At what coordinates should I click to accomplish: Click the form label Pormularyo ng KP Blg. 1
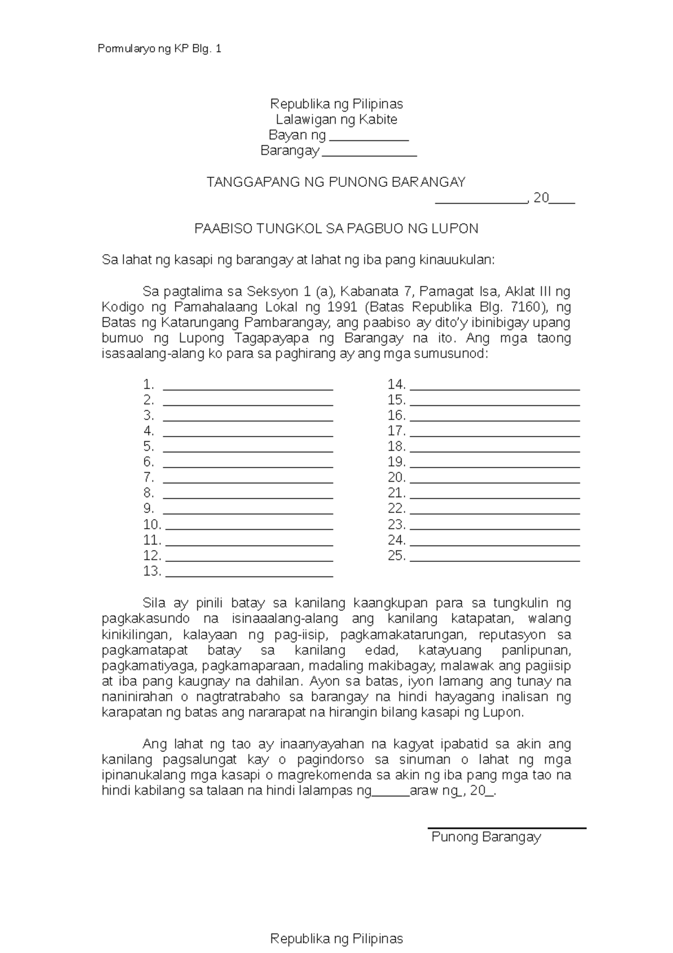point(159,49)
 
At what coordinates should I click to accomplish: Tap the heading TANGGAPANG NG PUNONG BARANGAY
point(336,182)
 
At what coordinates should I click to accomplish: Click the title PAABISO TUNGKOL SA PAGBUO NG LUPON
point(336,229)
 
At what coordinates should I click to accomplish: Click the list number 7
point(148,478)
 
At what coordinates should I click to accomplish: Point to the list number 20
point(396,478)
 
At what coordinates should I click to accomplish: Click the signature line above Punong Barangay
point(506,827)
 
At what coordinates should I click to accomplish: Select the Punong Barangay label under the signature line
point(486,837)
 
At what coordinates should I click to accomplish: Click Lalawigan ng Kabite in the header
point(336,120)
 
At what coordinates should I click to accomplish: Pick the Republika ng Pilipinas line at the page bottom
point(336,938)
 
